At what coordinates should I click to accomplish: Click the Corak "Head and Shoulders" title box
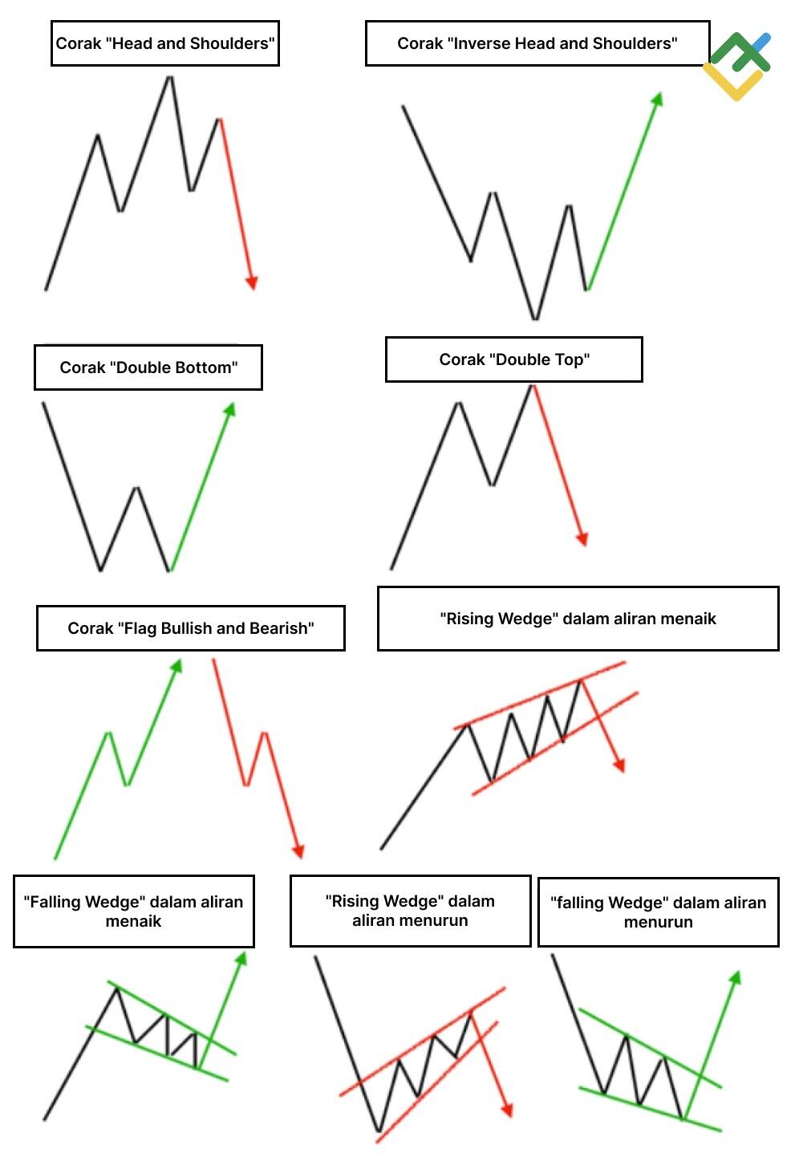165,43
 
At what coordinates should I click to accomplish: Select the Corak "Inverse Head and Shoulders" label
537,43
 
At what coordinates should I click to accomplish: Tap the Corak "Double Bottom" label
148,367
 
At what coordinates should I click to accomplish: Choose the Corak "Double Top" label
514,359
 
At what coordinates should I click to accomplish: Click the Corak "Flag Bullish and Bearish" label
190,627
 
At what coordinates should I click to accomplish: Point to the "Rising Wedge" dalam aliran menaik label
578,619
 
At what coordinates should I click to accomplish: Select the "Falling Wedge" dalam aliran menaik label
134,911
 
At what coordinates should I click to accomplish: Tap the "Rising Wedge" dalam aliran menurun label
411,910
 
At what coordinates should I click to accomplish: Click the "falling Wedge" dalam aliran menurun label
659,911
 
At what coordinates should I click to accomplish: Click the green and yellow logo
737,66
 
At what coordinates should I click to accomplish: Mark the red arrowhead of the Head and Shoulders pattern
252,282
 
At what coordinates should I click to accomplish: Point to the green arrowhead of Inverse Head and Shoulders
657,99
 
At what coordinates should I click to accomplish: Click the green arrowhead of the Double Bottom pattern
230,409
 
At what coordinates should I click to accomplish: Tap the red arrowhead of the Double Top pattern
582,539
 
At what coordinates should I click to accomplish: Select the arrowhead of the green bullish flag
176,666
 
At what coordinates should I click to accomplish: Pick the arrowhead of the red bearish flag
298,850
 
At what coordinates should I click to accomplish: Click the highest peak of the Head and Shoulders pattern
170,78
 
